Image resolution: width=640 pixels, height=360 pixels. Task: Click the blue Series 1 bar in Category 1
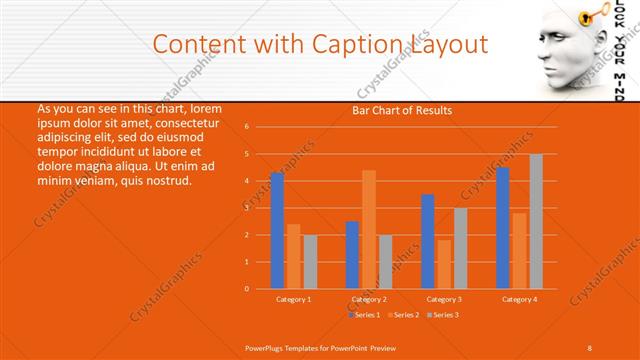pyautogui.click(x=277, y=231)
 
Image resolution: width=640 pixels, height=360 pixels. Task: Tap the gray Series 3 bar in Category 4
pyautogui.click(x=536, y=221)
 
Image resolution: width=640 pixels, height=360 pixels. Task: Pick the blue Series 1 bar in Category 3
pyautogui.click(x=428, y=241)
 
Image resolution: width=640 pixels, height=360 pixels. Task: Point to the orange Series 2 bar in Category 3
pyautogui.click(x=444, y=264)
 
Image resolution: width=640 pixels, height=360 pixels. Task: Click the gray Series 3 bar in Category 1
pyautogui.click(x=310, y=261)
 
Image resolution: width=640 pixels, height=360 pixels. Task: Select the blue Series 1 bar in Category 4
pyautogui.click(x=503, y=228)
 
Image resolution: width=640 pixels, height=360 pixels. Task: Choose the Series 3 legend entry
pyautogui.click(x=443, y=315)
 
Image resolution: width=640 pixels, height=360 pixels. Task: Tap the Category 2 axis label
pyautogui.click(x=369, y=299)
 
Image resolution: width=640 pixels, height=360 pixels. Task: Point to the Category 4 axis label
pyautogui.click(x=519, y=299)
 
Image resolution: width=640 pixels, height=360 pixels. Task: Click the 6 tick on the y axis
pyautogui.click(x=247, y=127)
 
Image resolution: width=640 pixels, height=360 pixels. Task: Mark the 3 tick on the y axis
pyautogui.click(x=247, y=208)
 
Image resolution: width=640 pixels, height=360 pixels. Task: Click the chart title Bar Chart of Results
pyautogui.click(x=402, y=110)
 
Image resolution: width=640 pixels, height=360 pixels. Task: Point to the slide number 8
pyautogui.click(x=590, y=347)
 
